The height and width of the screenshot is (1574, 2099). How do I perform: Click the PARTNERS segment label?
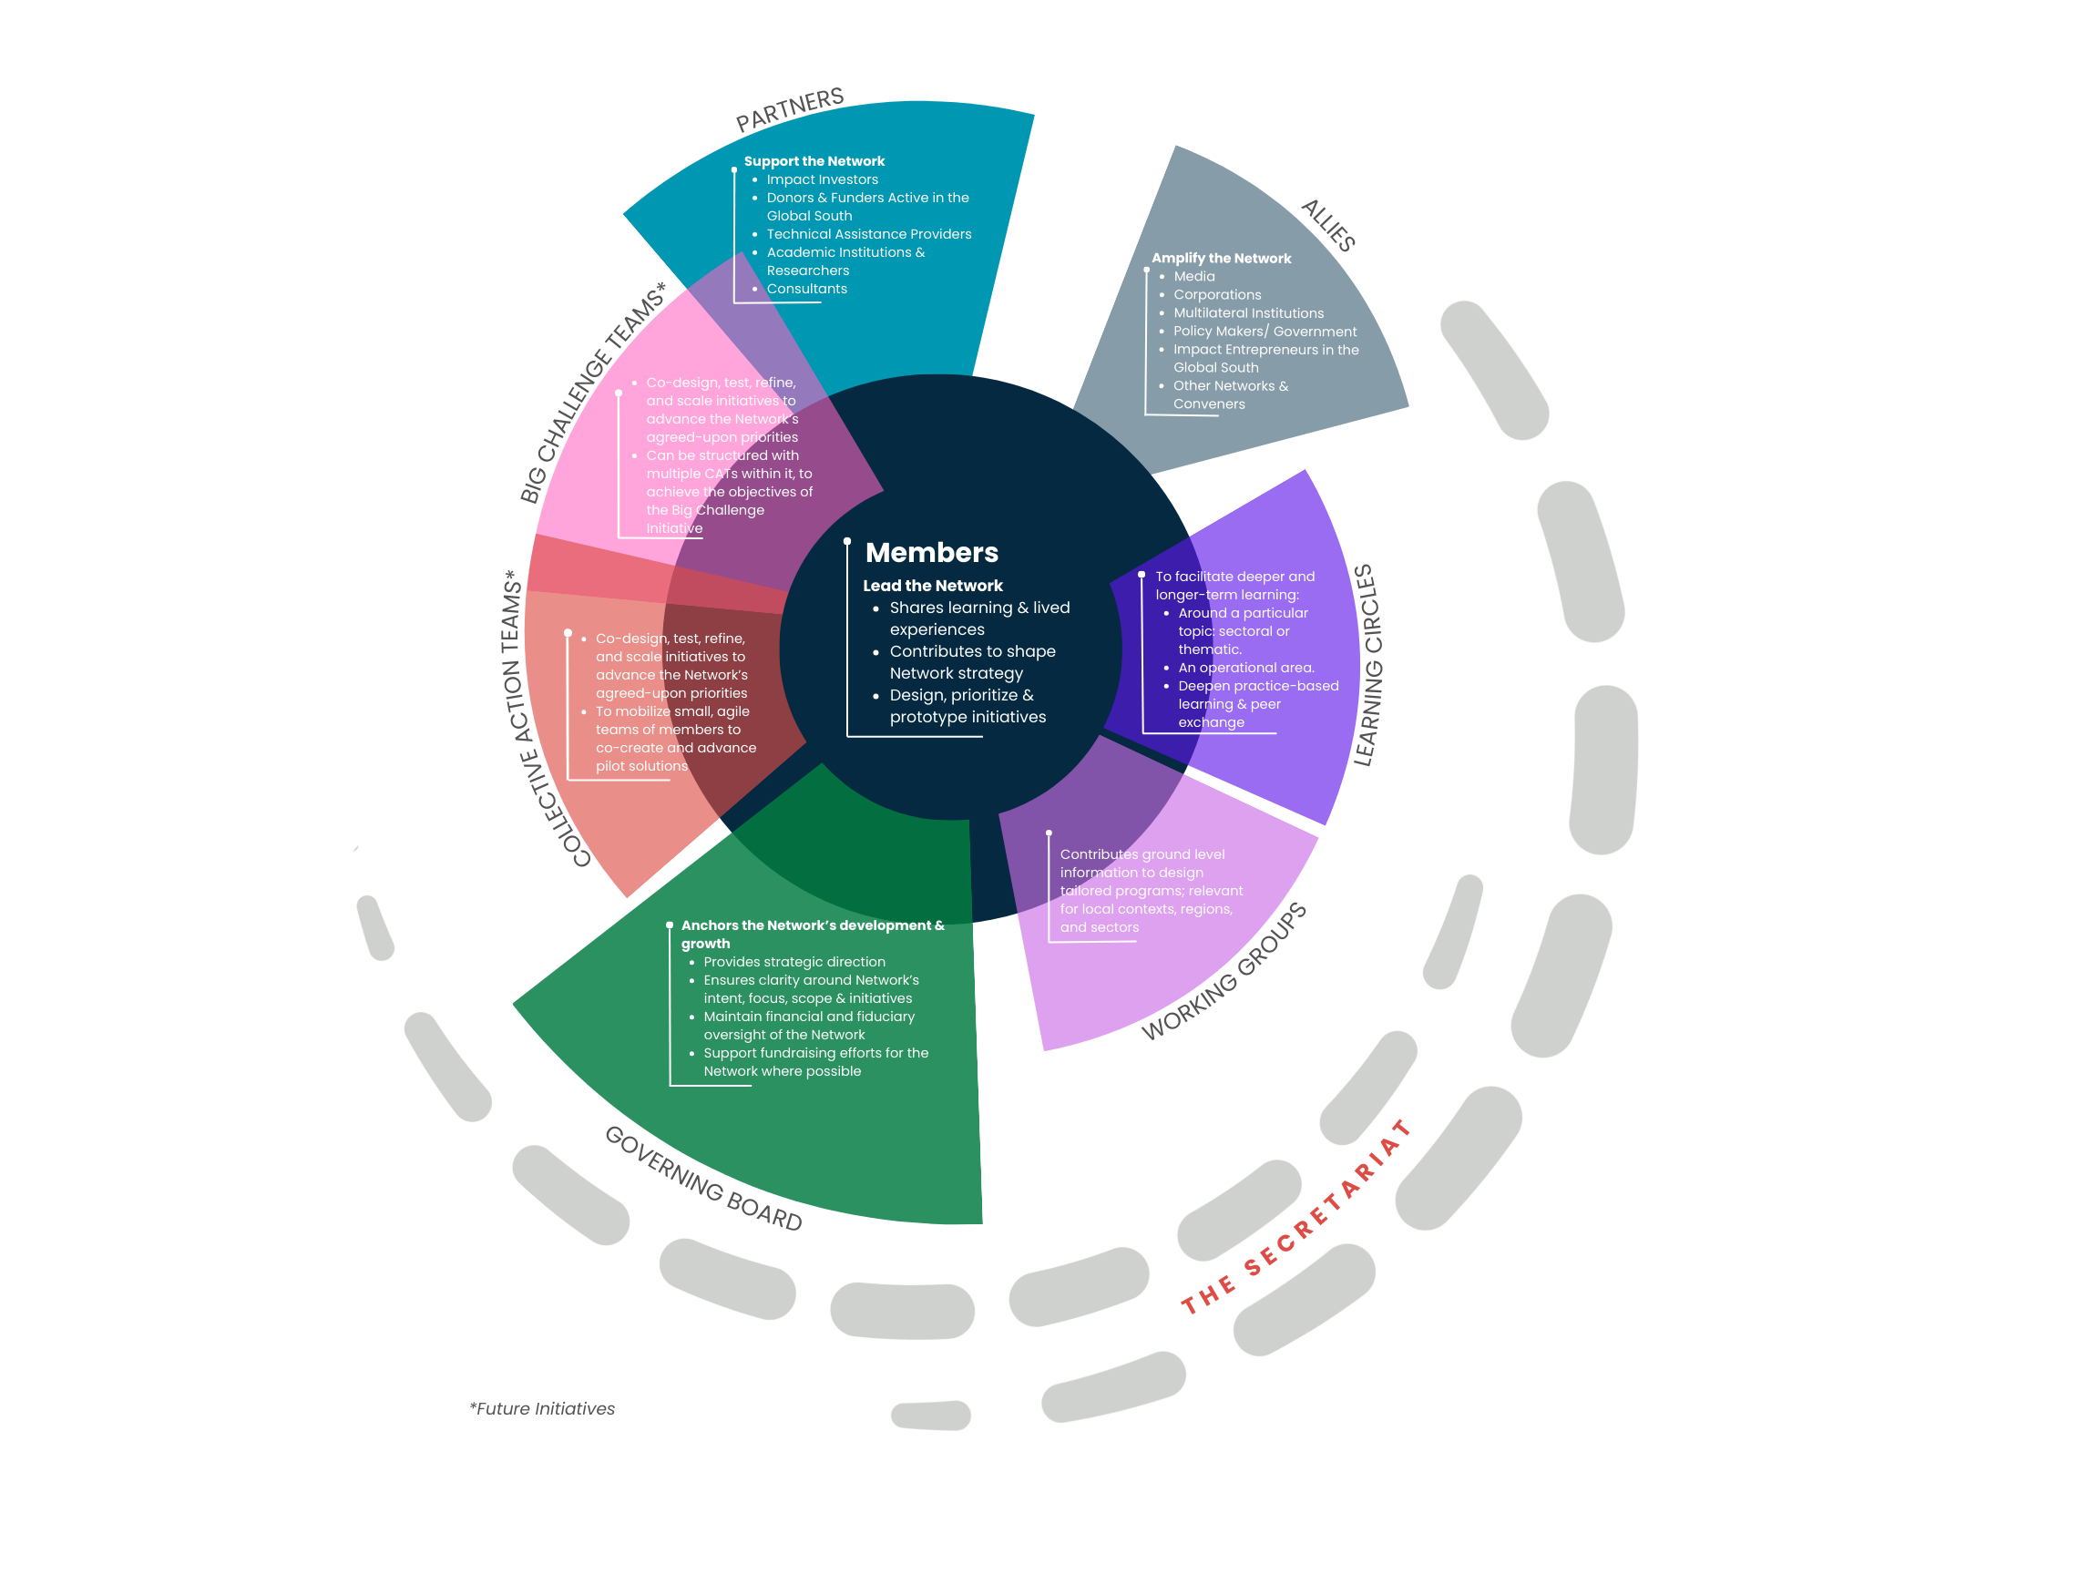pyautogui.click(x=790, y=109)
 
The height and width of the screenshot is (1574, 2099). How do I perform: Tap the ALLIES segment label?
pyautogui.click(x=1328, y=225)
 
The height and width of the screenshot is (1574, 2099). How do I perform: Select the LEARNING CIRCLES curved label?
pyautogui.click(x=1367, y=665)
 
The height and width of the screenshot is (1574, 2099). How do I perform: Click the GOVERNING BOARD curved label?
pyautogui.click(x=703, y=1178)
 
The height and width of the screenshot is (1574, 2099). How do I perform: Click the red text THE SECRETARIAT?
pyautogui.click(x=1295, y=1219)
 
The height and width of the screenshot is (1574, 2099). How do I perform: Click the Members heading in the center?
pyautogui.click(x=931, y=552)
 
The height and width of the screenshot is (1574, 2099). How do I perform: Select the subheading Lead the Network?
pyautogui.click(x=932, y=586)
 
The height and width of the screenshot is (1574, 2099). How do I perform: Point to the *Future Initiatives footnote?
pyautogui.click(x=542, y=1408)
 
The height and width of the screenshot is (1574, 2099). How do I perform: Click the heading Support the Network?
pyautogui.click(x=814, y=161)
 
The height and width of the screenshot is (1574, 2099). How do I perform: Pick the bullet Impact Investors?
pyautogui.click(x=822, y=179)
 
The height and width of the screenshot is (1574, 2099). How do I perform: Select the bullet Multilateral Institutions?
pyautogui.click(x=1248, y=313)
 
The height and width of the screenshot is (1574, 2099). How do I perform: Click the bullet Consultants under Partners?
pyautogui.click(x=806, y=289)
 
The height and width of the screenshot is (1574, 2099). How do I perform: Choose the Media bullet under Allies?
pyautogui.click(x=1193, y=276)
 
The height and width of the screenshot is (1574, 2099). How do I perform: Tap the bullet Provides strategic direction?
pyautogui.click(x=794, y=961)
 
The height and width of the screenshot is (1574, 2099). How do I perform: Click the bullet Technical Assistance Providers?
pyautogui.click(x=868, y=234)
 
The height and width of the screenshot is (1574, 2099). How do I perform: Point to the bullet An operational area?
pyautogui.click(x=1245, y=667)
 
